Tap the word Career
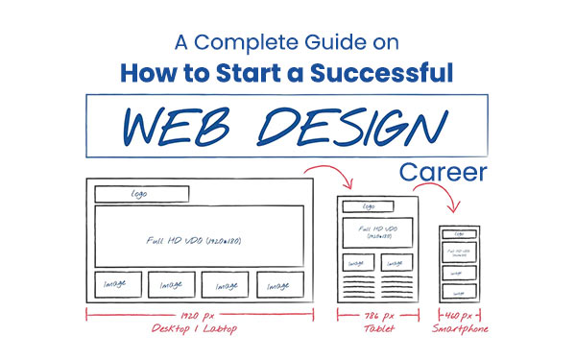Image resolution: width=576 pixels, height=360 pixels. [x=443, y=174]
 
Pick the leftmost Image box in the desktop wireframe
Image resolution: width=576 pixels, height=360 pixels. [x=118, y=285]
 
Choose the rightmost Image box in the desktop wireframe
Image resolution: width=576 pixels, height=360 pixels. [x=280, y=285]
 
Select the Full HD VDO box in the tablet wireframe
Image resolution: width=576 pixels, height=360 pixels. [x=376, y=231]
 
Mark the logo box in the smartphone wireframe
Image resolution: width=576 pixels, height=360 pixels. [x=459, y=233]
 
